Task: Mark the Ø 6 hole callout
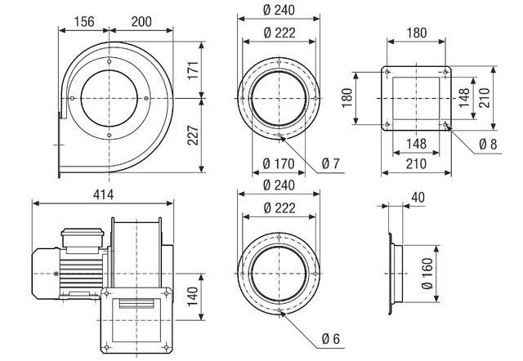tap(331, 339)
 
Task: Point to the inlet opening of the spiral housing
tap(109, 98)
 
